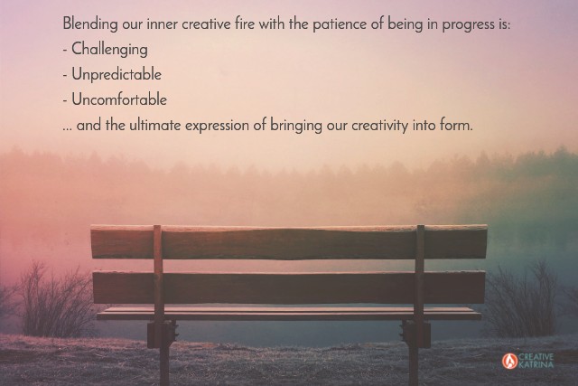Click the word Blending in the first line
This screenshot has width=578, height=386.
(x=90, y=24)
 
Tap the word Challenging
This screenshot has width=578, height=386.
(x=109, y=50)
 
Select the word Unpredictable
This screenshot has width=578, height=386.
(x=117, y=74)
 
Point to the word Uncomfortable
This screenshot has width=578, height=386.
(x=119, y=99)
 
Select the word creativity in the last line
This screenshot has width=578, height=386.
(x=379, y=127)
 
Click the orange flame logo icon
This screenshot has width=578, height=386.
(x=509, y=361)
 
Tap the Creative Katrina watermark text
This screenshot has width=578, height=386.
(x=536, y=361)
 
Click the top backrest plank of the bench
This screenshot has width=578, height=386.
(x=289, y=241)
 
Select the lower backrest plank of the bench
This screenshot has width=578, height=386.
(x=289, y=287)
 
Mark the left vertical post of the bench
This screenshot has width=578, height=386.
(x=159, y=303)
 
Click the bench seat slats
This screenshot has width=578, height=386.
(x=289, y=314)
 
